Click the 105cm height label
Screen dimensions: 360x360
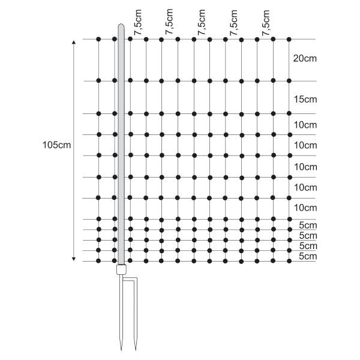coord(57,145)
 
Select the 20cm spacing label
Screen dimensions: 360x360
coord(305,59)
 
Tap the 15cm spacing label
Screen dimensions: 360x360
coord(305,100)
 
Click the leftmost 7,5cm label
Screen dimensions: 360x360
coord(138,23)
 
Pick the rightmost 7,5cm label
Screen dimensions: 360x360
coord(266,23)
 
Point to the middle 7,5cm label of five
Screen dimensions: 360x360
coord(202,23)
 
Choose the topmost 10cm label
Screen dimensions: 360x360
coord(305,125)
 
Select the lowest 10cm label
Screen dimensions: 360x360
coord(305,208)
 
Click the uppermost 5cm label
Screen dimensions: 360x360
coord(308,225)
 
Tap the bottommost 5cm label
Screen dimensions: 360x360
coord(308,256)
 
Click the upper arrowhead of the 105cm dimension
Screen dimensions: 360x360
coord(74,42)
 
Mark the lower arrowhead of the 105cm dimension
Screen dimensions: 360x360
coord(74,259)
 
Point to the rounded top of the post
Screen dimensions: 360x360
coord(121,25)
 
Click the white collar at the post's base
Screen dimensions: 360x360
coord(121,269)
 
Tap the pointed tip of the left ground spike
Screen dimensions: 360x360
coord(121,350)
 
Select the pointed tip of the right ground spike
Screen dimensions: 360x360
coord(136,350)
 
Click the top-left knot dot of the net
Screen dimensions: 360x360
coord(98,39)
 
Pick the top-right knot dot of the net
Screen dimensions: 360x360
coord(289,40)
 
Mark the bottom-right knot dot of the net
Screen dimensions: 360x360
coord(289,261)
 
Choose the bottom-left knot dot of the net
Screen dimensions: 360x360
coord(98,261)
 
